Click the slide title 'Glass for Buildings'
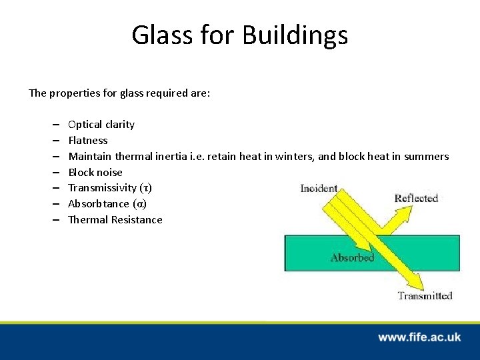pyautogui.click(x=239, y=35)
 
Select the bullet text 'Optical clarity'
pyautogui.click(x=101, y=125)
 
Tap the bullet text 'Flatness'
pyautogui.click(x=88, y=141)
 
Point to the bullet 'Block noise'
pyautogui.click(x=95, y=172)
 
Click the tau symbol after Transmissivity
pyautogui.click(x=145, y=188)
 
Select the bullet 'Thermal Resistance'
pyautogui.click(x=115, y=220)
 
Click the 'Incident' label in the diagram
pyautogui.click(x=319, y=189)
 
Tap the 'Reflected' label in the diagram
pyautogui.click(x=416, y=198)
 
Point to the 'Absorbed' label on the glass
pyautogui.click(x=352, y=257)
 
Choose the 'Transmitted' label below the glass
pyautogui.click(x=425, y=296)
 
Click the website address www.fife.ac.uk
pyautogui.click(x=419, y=337)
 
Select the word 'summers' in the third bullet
pyautogui.click(x=428, y=157)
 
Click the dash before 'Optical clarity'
pyautogui.click(x=53, y=125)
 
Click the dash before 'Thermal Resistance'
pyautogui.click(x=53, y=220)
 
